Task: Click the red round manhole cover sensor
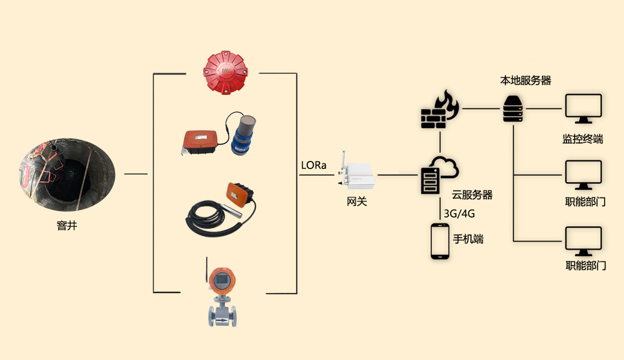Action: tap(225, 73)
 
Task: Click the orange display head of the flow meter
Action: tap(221, 281)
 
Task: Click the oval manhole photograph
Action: tap(67, 174)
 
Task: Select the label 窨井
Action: tap(67, 226)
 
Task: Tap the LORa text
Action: tap(314, 165)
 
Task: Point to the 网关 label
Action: tap(357, 202)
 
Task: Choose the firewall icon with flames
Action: tap(438, 110)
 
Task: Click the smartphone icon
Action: tap(439, 241)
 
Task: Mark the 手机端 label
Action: tap(468, 239)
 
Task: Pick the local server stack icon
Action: tap(513, 108)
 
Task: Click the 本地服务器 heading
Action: tap(525, 80)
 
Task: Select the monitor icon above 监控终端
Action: tap(583, 108)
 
